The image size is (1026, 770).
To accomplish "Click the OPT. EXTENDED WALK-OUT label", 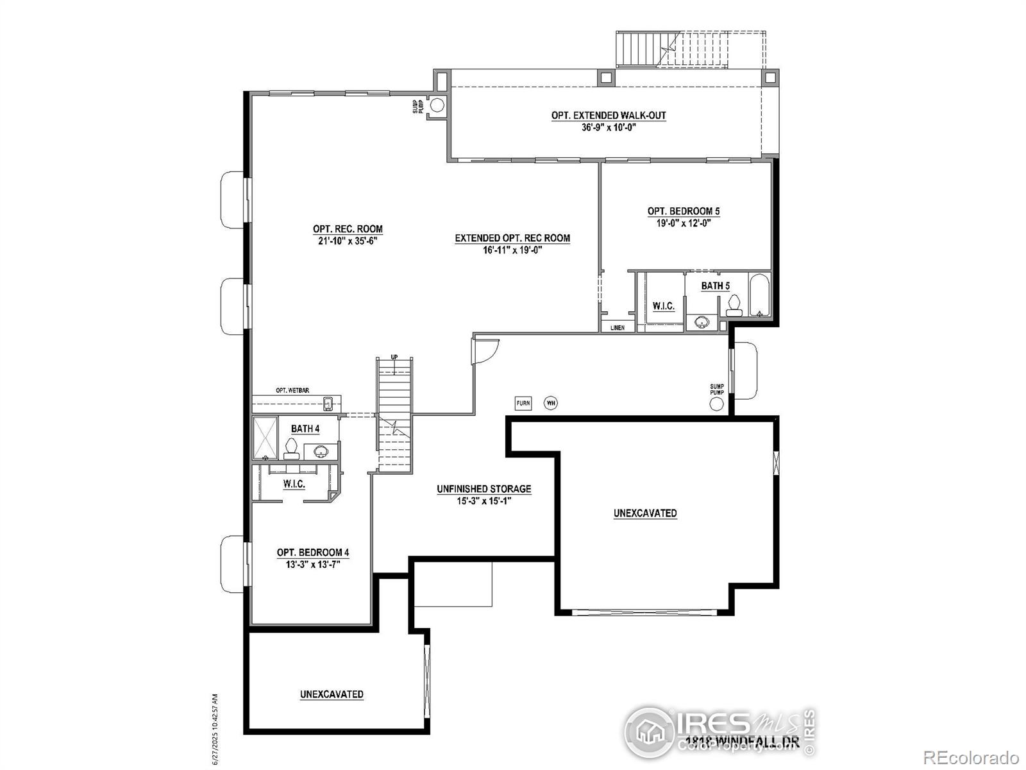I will tap(609, 116).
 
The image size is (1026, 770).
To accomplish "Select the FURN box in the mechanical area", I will tap(523, 403).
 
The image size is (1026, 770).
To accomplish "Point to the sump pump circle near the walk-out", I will tap(437, 105).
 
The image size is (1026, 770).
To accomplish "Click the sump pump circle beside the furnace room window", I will tap(717, 404).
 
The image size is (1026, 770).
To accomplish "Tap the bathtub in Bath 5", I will tap(759, 296).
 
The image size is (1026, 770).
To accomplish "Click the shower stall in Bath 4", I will tap(265, 438).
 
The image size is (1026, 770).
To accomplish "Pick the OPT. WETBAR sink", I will tap(328, 404).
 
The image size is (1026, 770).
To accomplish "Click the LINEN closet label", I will tap(617, 327).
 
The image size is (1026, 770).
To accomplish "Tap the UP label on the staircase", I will tap(394, 357).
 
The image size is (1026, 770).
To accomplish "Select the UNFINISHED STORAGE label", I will tap(484, 489).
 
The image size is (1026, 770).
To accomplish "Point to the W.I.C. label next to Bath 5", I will tap(663, 306).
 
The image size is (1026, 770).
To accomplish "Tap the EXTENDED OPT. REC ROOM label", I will tap(512, 238).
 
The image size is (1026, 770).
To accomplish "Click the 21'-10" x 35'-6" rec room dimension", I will tap(348, 241).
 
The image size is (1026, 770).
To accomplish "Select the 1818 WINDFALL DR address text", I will tap(742, 743).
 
